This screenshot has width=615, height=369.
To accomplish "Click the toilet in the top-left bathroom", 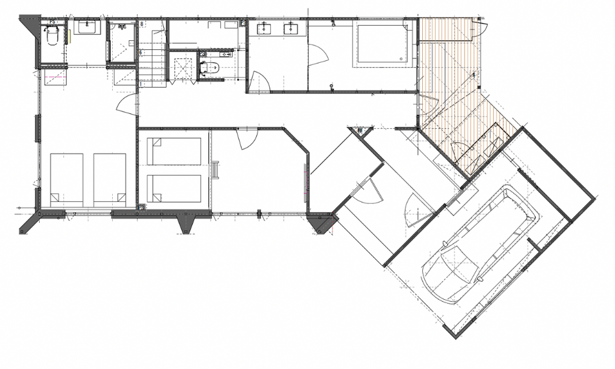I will click(x=53, y=37).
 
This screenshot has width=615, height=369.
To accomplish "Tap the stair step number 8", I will click(x=141, y=24).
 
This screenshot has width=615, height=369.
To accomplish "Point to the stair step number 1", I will click(x=140, y=84).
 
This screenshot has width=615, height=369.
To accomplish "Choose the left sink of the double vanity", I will click(x=264, y=29).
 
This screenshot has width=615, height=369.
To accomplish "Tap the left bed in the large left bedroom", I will click(x=67, y=179).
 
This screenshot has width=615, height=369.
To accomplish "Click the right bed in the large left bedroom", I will click(x=110, y=179).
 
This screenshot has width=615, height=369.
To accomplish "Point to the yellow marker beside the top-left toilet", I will click(x=70, y=36).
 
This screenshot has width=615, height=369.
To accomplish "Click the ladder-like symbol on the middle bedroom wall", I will click(x=216, y=170).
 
